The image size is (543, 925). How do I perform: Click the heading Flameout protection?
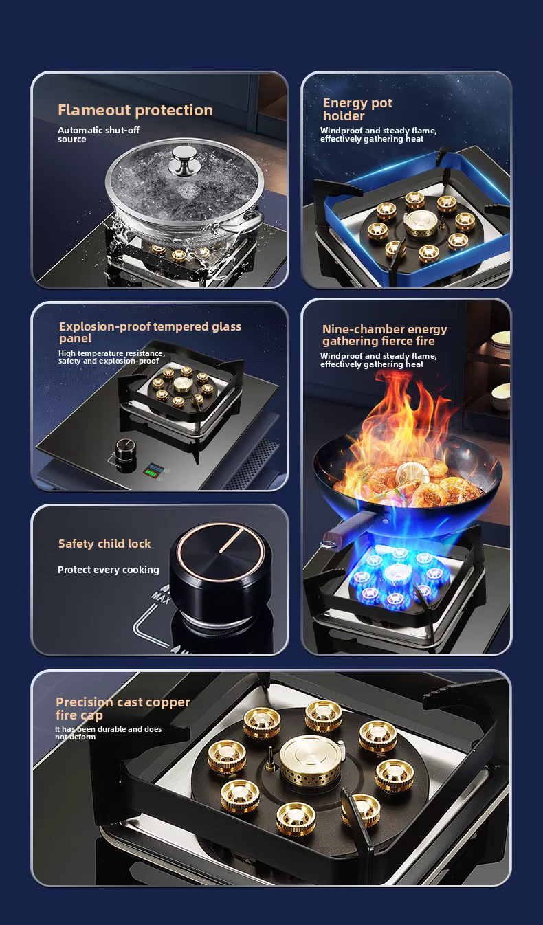pyautogui.click(x=135, y=110)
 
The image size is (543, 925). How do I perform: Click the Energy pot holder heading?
pyautogui.click(x=357, y=109)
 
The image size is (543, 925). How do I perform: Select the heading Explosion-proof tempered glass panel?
pyautogui.click(x=150, y=332)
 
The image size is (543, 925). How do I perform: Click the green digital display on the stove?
pyautogui.click(x=153, y=470)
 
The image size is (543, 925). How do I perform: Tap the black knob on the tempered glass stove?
pyautogui.click(x=126, y=454)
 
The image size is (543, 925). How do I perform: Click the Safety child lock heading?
pyautogui.click(x=104, y=544)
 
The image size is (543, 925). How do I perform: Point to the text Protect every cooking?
pyautogui.click(x=108, y=570)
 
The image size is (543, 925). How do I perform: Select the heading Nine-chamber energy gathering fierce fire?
pyautogui.click(x=384, y=335)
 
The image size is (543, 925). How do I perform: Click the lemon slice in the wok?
pyautogui.click(x=413, y=472)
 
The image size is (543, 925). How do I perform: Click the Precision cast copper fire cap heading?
pyautogui.click(x=122, y=709)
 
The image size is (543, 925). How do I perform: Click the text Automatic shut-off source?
pyautogui.click(x=98, y=135)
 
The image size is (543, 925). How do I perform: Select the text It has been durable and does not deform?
pyautogui.click(x=108, y=733)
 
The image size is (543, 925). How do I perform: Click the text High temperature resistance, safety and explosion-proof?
pyautogui.click(x=111, y=357)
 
